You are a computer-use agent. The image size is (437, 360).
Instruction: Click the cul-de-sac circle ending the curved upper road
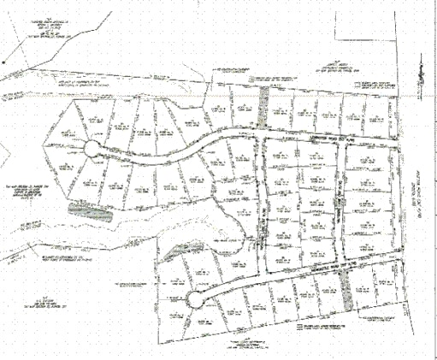coord(92,150)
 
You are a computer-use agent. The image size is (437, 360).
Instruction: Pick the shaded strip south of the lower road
coord(345,295)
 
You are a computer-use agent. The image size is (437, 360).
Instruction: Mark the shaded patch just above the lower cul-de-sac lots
coord(178,250)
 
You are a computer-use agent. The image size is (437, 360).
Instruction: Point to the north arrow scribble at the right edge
coord(421,81)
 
